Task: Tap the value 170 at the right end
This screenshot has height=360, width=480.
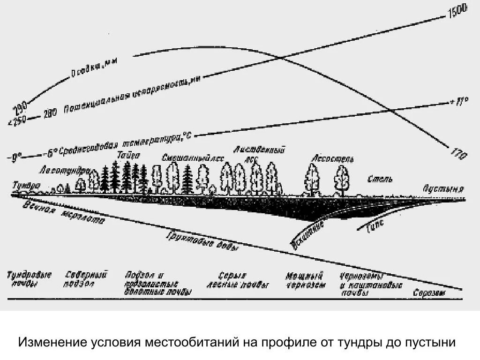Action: coord(458,153)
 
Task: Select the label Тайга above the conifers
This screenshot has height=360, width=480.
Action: coord(128,157)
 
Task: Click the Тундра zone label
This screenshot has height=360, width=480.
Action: coord(26,185)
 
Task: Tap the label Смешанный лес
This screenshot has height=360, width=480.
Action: coord(192,158)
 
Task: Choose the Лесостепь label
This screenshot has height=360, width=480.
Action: coord(333,159)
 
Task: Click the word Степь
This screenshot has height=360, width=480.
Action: coord(380,180)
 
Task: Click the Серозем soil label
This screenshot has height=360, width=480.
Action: coord(428,293)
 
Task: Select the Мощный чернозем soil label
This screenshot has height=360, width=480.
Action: coord(305,280)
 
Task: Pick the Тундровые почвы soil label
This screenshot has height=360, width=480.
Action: coord(29,279)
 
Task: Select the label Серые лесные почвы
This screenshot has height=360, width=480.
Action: coord(238,280)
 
